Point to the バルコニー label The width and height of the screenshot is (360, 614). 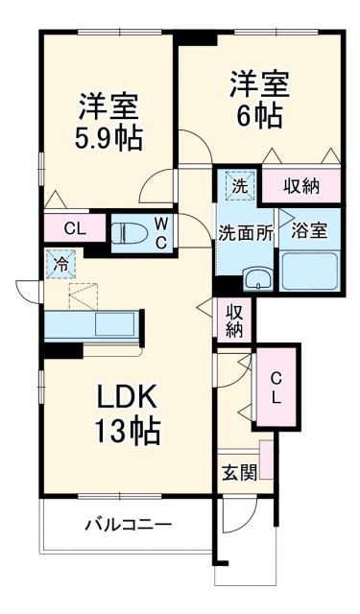click(x=127, y=525)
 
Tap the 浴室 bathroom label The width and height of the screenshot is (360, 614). click(x=308, y=230)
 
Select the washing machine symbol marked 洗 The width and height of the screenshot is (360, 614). click(x=240, y=186)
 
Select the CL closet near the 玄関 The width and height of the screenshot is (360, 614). click(x=276, y=386)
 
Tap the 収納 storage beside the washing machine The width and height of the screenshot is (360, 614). click(x=300, y=185)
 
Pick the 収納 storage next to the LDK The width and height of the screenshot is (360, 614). click(x=234, y=319)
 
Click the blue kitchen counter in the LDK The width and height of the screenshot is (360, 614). click(x=94, y=323)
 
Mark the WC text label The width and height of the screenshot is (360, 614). click(x=161, y=231)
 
